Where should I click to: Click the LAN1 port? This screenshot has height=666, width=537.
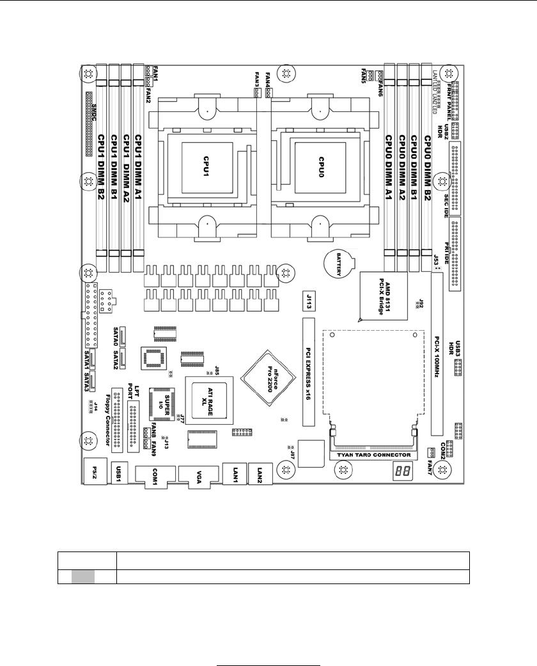click(x=235, y=473)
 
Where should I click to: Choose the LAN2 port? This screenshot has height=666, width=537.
click(x=260, y=473)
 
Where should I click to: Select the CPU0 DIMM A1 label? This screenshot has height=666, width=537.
click(x=388, y=166)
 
